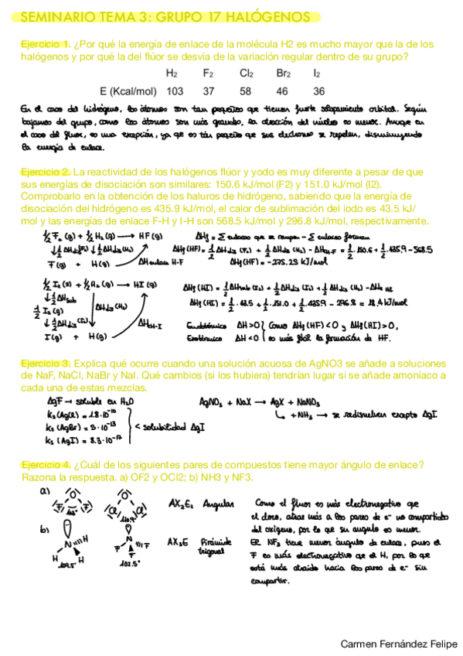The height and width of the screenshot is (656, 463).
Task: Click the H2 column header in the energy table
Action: tap(172, 73)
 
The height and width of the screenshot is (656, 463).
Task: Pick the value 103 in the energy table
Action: tap(175, 90)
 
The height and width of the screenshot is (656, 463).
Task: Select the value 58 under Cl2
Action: tap(247, 90)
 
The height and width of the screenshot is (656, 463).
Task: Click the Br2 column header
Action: tap(284, 73)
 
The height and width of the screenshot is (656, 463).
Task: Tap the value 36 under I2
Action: tap(318, 90)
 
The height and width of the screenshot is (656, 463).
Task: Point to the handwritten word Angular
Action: tap(219, 504)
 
